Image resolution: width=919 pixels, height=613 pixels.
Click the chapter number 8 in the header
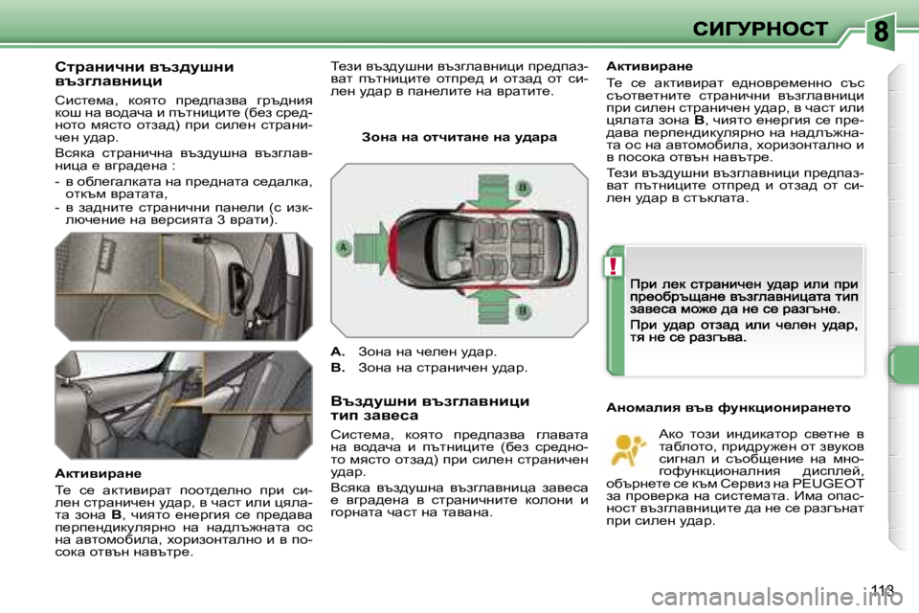[x=880, y=31]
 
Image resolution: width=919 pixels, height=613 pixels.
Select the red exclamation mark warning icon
[x=614, y=265]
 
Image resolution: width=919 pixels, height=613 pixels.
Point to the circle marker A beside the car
[x=342, y=246]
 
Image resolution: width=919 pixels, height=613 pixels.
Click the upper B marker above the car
[x=524, y=187]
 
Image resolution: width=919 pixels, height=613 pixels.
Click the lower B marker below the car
[x=524, y=311]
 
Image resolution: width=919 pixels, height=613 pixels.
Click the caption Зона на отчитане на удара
[x=459, y=137]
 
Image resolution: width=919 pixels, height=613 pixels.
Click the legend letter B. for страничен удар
[x=337, y=367]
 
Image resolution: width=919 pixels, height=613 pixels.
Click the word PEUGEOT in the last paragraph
[x=833, y=484]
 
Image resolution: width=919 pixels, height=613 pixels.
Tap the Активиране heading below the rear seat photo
[x=98, y=473]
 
